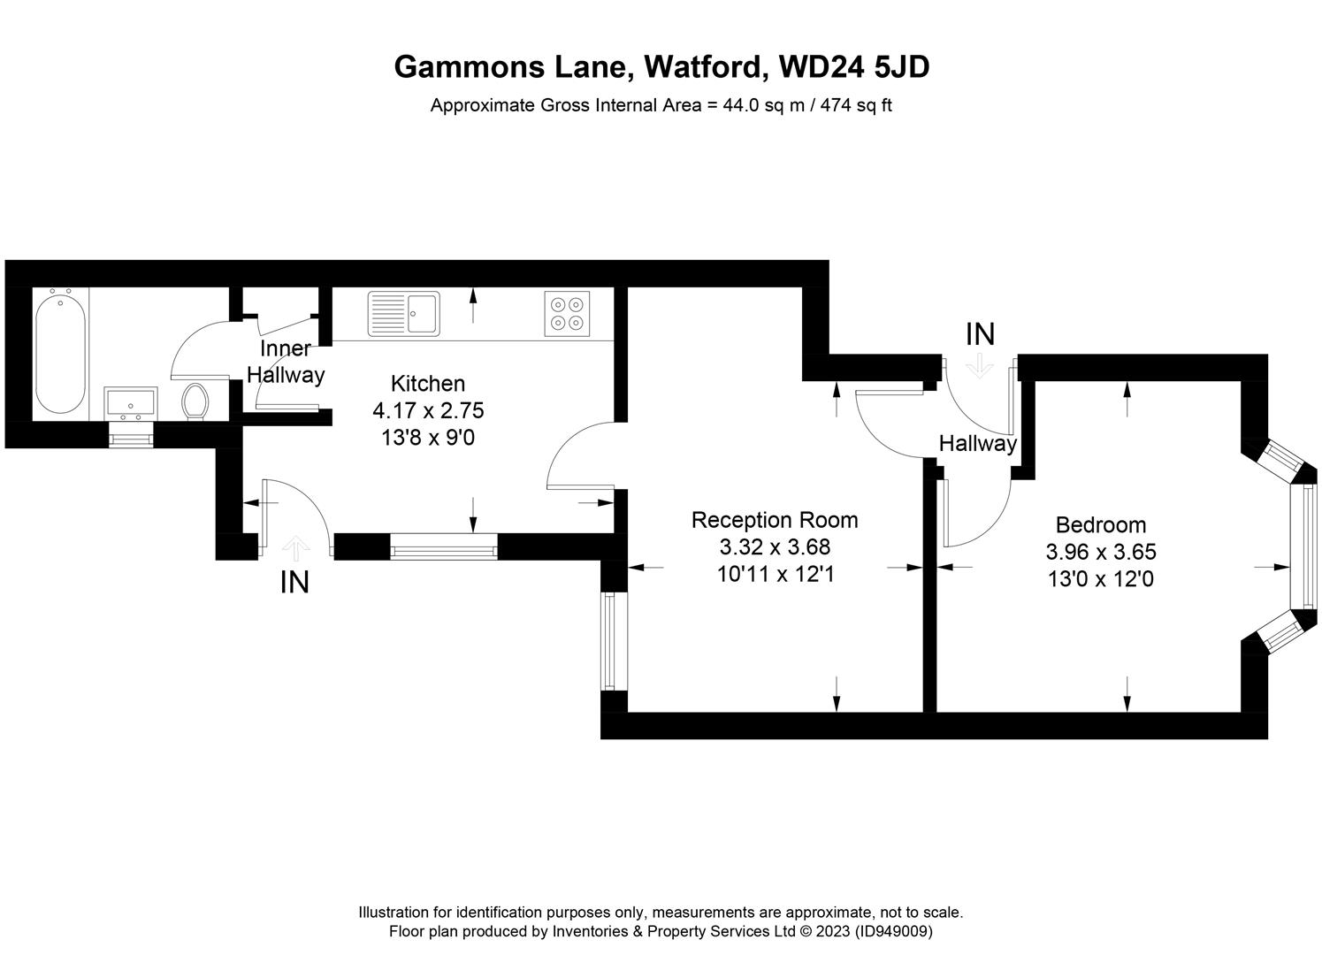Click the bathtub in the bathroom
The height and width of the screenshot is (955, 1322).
pyautogui.click(x=60, y=354)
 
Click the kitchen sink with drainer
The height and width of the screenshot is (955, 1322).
pyautogui.click(x=404, y=313)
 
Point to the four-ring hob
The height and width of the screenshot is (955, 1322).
pyautogui.click(x=567, y=314)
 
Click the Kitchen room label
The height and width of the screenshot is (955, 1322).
pyautogui.click(x=428, y=384)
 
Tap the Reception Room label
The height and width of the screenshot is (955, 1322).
pyautogui.click(x=775, y=520)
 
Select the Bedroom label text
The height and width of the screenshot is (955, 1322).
pyautogui.click(x=1101, y=524)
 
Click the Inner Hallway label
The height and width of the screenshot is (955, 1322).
pyautogui.click(x=286, y=362)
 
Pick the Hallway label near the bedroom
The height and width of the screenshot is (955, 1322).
pyautogui.click(x=978, y=444)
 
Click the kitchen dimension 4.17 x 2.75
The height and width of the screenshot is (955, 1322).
pyautogui.click(x=428, y=410)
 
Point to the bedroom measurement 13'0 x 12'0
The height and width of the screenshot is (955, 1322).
pyautogui.click(x=1101, y=579)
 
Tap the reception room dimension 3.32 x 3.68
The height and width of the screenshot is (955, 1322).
pyautogui.click(x=775, y=547)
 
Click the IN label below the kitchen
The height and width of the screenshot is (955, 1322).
pyautogui.click(x=294, y=583)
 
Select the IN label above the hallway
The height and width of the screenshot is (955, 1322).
pyautogui.click(x=981, y=334)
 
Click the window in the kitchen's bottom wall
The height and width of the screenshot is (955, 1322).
pyautogui.click(x=443, y=546)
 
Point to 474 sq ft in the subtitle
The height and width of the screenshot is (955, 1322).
pyautogui.click(x=856, y=105)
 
